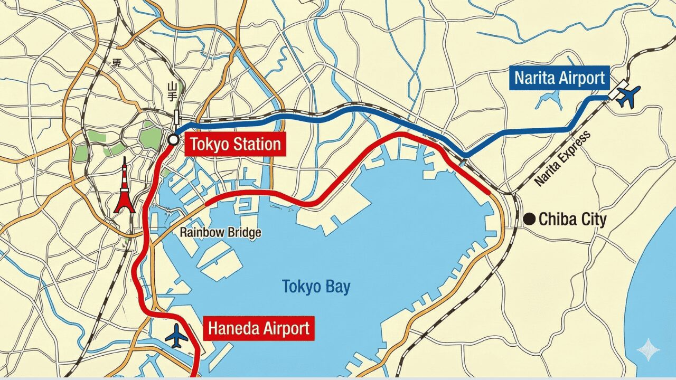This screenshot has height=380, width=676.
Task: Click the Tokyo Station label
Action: [236, 144]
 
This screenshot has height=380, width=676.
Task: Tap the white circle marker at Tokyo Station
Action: [173, 140]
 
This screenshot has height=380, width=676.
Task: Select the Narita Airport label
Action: [559, 78]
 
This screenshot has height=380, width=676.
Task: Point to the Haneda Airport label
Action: [258, 328]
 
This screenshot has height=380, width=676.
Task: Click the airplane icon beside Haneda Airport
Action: [176, 336]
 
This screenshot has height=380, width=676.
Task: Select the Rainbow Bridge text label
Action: [220, 232]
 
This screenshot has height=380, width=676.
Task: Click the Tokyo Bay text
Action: [316, 287]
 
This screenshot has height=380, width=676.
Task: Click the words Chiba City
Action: [572, 219]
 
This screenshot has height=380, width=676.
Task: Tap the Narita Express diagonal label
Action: [562, 158]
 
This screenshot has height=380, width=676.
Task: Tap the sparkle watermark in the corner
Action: [648, 350]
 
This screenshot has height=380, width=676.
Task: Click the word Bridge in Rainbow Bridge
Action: [242, 232]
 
